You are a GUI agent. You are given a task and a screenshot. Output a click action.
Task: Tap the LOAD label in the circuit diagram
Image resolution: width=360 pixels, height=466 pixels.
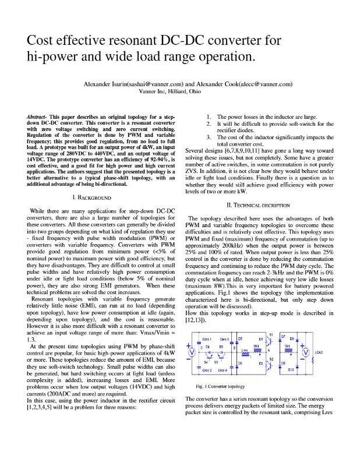click(x=319, y=353)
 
